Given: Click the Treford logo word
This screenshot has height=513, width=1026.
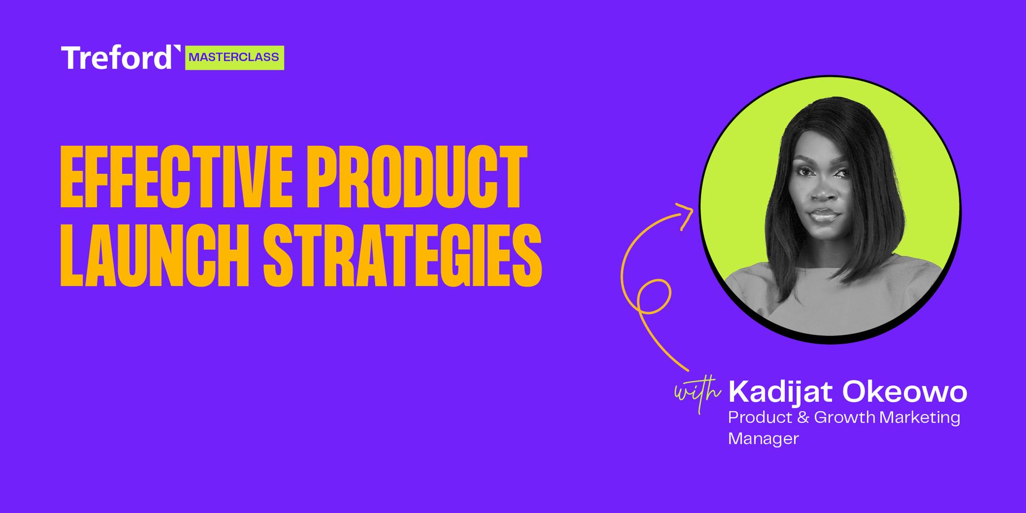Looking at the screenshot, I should tap(117, 58).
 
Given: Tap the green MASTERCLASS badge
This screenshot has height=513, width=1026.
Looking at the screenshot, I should tap(234, 57).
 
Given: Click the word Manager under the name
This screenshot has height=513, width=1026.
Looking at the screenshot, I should tap(763, 439).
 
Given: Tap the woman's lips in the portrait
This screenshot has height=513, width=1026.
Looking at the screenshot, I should tap(824, 214).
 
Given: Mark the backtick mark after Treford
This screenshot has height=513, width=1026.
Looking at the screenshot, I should tap(177, 49).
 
